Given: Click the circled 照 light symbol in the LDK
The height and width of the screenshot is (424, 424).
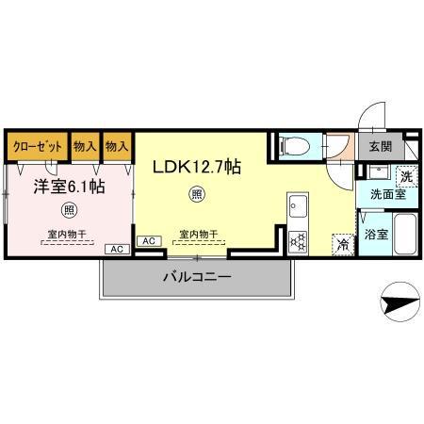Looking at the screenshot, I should (196, 195).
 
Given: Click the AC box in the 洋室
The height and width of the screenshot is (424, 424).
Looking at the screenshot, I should (116, 249).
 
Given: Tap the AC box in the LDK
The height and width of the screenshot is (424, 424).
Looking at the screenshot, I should (147, 241).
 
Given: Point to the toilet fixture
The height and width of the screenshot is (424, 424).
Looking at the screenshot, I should (295, 146).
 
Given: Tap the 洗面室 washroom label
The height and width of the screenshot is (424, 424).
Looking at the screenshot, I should (387, 195).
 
